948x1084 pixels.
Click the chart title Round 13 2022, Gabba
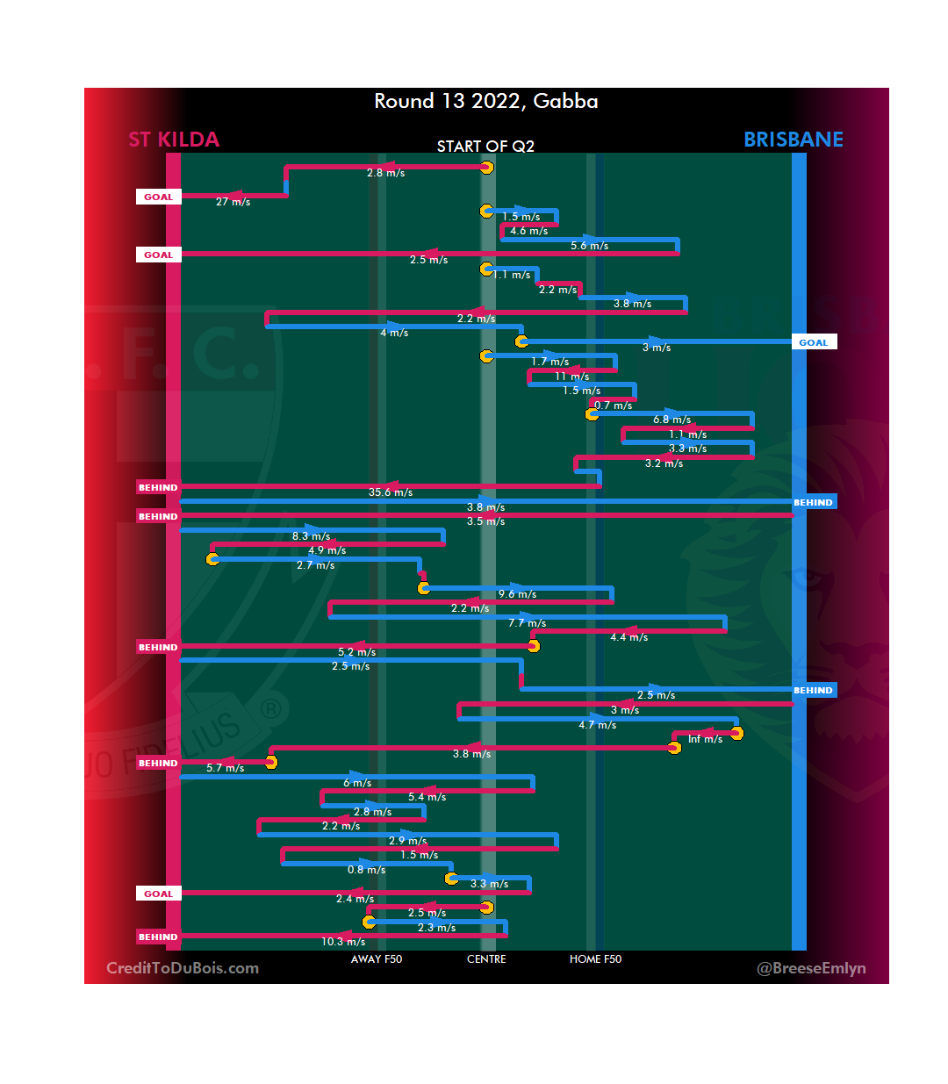click(x=485, y=102)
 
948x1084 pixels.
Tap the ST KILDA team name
click(x=174, y=140)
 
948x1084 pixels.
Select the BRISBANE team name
click(x=793, y=140)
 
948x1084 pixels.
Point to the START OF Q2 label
click(x=485, y=147)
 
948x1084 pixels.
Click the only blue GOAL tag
click(x=814, y=342)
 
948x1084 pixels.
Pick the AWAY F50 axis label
click(x=377, y=959)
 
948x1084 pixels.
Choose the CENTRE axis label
click(x=486, y=959)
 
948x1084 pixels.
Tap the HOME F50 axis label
click(x=595, y=959)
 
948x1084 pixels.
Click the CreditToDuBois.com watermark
click(x=183, y=968)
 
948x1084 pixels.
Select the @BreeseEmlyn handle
click(x=811, y=968)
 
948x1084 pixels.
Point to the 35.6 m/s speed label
click(x=391, y=492)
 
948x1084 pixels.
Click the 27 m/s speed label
click(x=233, y=202)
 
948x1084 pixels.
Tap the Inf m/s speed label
click(x=706, y=739)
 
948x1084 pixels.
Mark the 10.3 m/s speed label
click(x=343, y=942)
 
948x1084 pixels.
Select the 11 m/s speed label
click(x=571, y=377)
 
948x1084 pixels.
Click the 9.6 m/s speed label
click(x=517, y=594)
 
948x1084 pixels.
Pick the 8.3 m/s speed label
click(x=312, y=536)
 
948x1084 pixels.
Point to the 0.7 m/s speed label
click(x=614, y=406)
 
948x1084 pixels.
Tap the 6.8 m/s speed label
click(x=671, y=420)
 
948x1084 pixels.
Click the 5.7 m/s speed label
click(x=226, y=768)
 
